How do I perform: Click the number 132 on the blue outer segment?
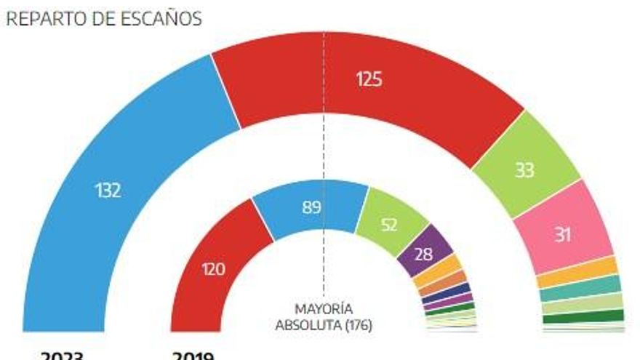click(x=108, y=191)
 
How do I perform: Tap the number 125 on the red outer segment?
click(x=369, y=79)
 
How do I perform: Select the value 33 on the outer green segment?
click(x=524, y=170)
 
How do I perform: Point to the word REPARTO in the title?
click(x=41, y=19)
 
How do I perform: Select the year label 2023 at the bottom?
click(x=62, y=356)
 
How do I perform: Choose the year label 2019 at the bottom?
click(x=192, y=356)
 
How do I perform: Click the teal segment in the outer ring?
click(x=580, y=289)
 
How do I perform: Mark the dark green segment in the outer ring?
click(x=583, y=316)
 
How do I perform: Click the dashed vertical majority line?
click(x=324, y=145)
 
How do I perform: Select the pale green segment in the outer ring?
click(x=583, y=303)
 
